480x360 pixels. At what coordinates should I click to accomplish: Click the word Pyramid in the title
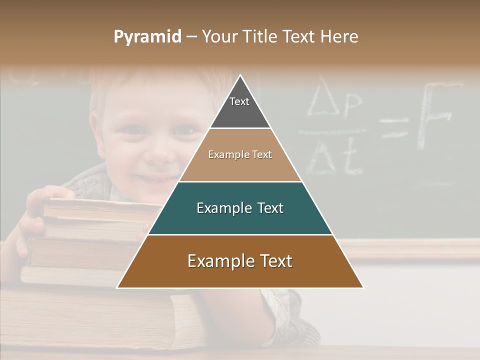coord(147,37)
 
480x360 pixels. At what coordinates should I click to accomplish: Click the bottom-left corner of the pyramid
coord(118,287)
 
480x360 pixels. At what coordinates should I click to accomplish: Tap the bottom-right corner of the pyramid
coord(363,287)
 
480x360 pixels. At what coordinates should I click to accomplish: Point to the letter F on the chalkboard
coord(435,115)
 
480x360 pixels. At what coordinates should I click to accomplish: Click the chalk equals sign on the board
coord(394,127)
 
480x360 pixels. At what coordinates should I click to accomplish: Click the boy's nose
coord(159,152)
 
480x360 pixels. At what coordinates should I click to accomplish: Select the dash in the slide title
coord(191,37)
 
